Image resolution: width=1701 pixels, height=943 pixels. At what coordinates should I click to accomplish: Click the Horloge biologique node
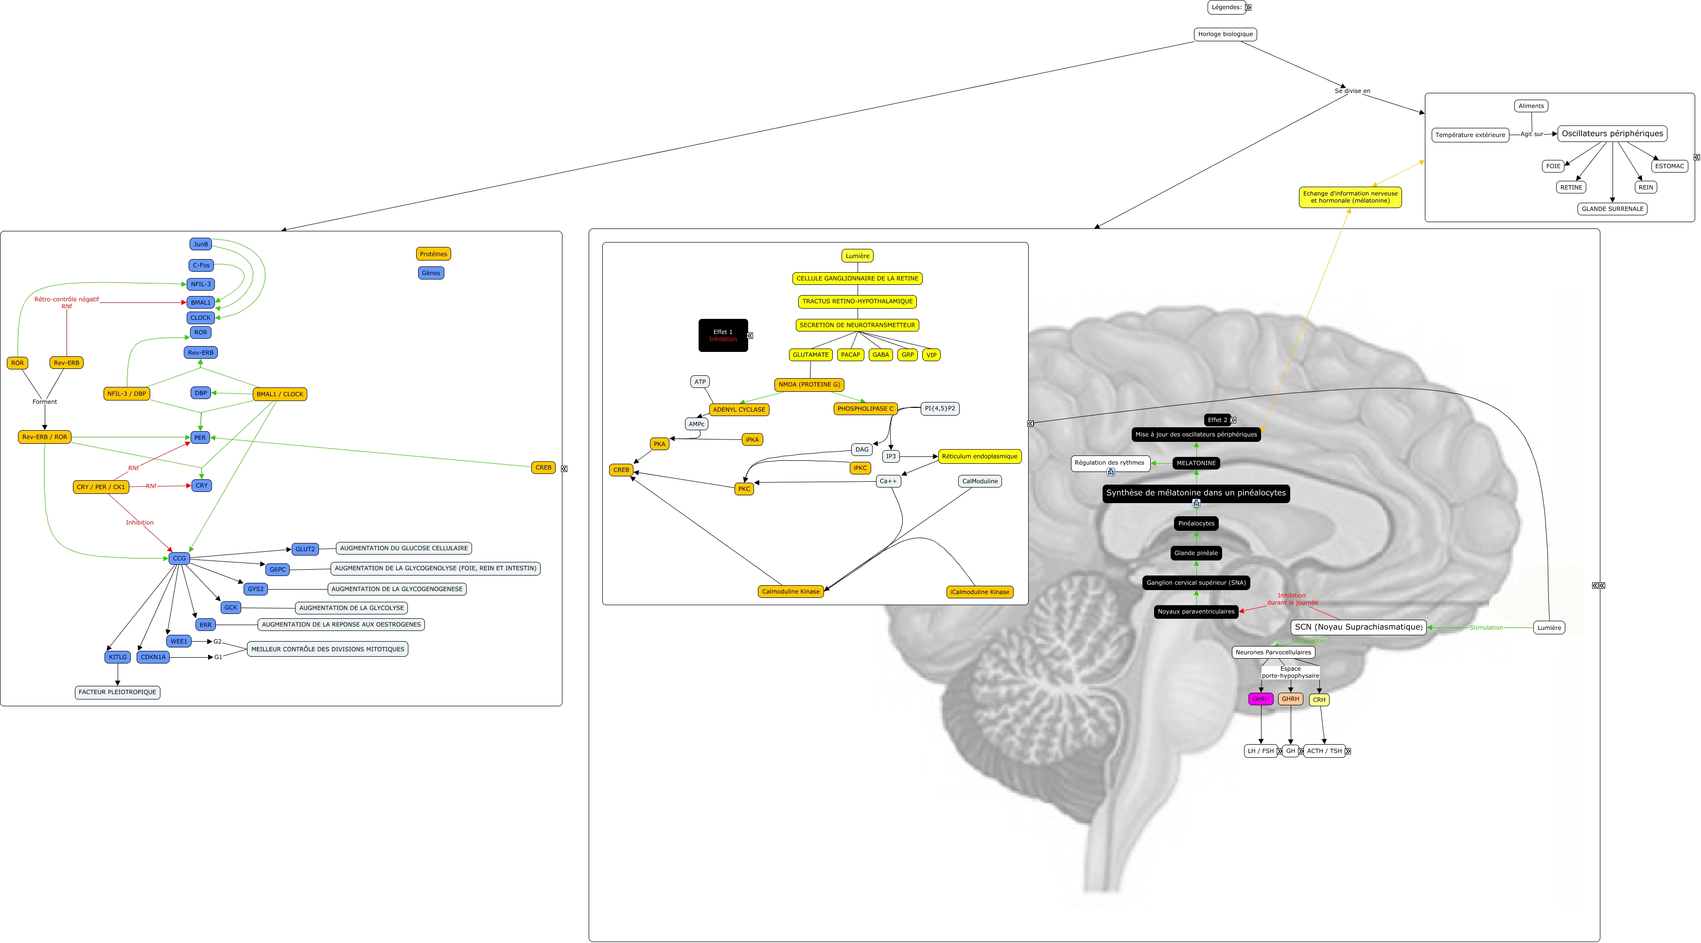pos(1225,35)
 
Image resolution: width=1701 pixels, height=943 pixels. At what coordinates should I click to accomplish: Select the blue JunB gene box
pos(201,244)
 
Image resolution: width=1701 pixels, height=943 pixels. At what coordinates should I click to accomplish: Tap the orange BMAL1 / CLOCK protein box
pos(280,394)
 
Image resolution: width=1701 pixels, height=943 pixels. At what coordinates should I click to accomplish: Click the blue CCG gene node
pos(179,559)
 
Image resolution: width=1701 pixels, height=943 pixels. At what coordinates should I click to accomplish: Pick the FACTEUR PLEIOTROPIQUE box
pos(118,692)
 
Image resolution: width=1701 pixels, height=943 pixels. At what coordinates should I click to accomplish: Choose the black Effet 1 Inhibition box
pos(723,335)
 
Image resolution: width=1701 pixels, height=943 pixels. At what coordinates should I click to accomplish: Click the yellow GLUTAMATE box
pos(810,355)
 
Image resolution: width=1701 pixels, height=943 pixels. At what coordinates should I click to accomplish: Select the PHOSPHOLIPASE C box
pos(865,409)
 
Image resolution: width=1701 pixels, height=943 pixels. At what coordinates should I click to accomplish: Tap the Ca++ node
pos(888,481)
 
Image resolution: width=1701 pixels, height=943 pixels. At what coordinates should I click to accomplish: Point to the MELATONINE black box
pos(1196,463)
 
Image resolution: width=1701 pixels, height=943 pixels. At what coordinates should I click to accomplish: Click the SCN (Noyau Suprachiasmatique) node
pos(1358,627)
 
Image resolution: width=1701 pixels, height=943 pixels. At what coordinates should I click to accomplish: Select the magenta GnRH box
pos(1261,699)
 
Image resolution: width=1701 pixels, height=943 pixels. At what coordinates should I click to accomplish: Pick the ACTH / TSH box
pos(1324,751)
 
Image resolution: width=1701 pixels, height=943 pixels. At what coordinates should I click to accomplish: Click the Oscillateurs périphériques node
pos(1612,133)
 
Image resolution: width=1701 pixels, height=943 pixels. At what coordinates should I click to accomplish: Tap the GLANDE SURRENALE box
pos(1612,209)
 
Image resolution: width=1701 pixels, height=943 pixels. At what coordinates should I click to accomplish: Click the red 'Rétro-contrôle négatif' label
pos(67,299)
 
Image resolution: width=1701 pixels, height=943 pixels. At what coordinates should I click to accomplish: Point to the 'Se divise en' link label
pos(1352,91)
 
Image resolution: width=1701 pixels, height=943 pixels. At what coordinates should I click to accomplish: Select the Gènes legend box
pos(431,273)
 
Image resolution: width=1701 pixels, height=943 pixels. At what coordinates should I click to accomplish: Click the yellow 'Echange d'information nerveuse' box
pos(1350,197)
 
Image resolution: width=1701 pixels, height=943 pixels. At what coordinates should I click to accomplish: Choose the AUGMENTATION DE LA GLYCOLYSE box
pos(351,608)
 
